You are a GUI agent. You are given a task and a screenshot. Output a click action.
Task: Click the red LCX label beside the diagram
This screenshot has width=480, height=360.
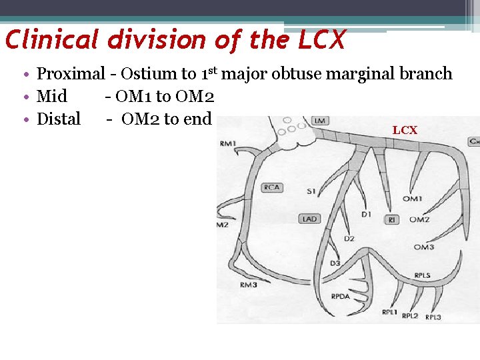click(x=405, y=130)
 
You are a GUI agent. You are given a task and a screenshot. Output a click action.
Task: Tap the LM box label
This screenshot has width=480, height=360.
click(x=320, y=121)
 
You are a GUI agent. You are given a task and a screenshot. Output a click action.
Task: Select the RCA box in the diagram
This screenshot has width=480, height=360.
click(x=271, y=187)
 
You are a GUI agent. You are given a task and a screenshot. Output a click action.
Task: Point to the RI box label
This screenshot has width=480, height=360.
click(x=392, y=219)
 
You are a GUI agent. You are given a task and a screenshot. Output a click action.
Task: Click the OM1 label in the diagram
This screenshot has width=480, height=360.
click(x=412, y=199)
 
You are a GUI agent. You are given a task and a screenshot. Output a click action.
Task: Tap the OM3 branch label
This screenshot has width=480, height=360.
click(x=424, y=247)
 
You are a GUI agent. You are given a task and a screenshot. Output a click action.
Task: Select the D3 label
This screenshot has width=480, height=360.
click(x=335, y=263)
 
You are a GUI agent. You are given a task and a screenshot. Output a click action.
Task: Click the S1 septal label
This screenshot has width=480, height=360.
click(x=311, y=192)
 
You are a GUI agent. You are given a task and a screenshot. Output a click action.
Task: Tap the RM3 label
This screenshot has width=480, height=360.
click(x=248, y=286)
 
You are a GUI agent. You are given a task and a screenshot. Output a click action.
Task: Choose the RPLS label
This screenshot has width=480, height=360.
click(x=422, y=275)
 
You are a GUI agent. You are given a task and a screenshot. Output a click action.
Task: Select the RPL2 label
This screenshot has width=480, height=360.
click(x=410, y=315)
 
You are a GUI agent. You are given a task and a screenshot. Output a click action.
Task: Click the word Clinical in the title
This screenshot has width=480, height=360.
click(x=53, y=40)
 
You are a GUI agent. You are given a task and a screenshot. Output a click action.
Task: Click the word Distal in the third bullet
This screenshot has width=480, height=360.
click(x=59, y=119)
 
